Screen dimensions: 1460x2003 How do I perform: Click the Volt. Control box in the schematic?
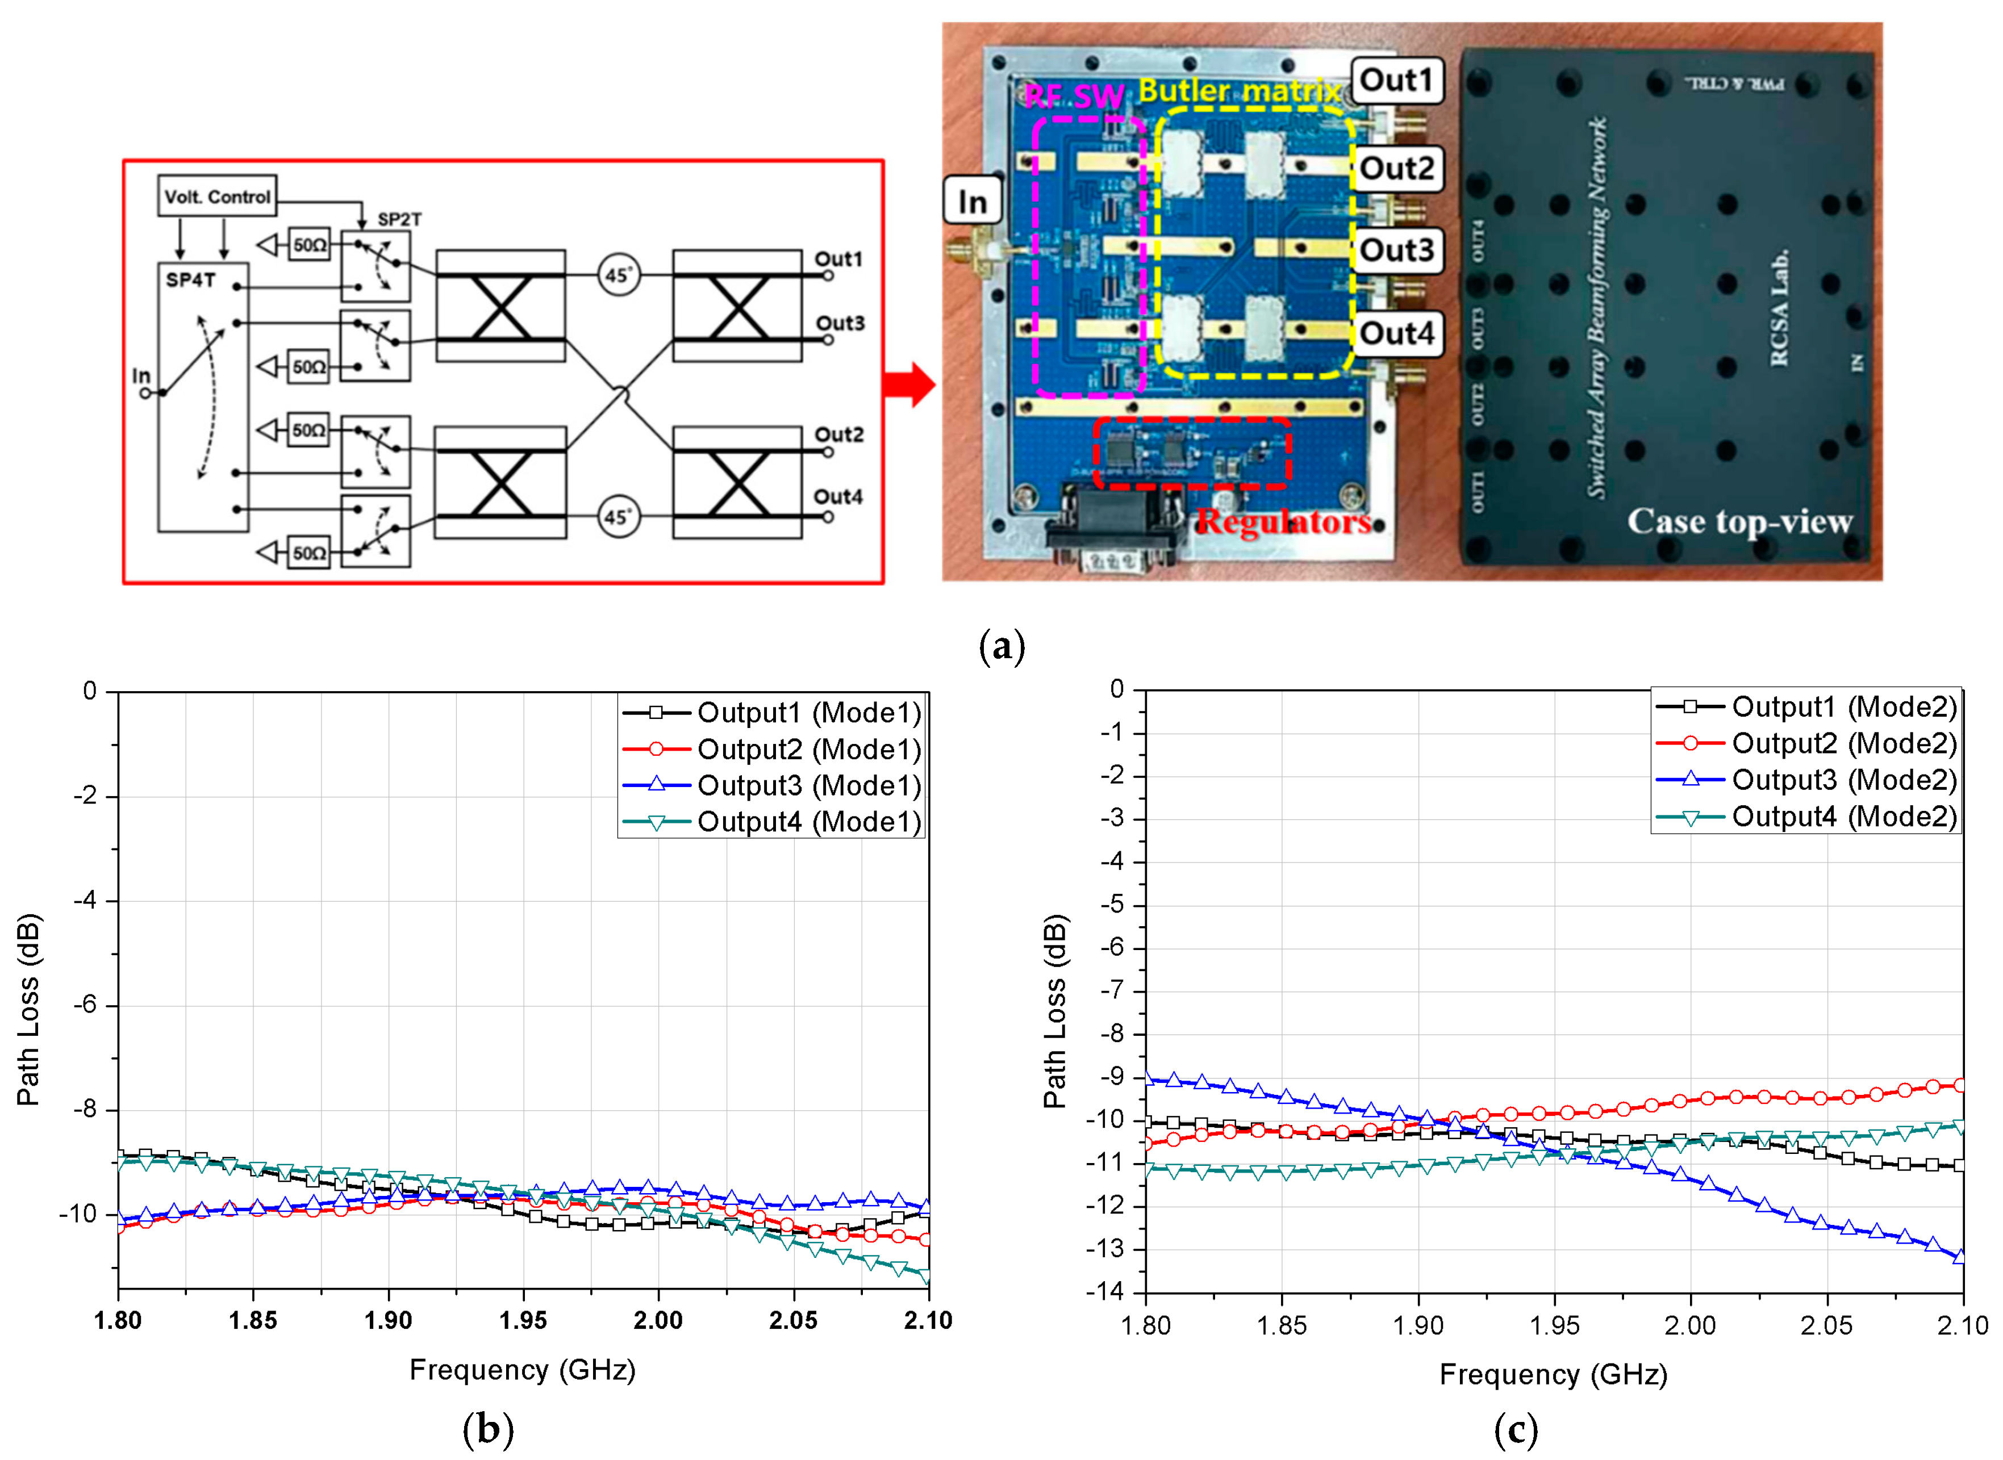[216, 195]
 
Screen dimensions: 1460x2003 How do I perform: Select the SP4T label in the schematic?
[190, 280]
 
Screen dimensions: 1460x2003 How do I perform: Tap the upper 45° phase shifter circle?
[618, 275]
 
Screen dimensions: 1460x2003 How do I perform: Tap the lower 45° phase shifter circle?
[618, 517]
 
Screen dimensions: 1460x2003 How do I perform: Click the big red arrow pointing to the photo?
[909, 384]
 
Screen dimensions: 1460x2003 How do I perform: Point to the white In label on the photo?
[973, 202]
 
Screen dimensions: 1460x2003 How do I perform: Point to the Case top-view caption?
[1739, 521]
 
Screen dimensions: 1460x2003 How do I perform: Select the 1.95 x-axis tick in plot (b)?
[523, 1320]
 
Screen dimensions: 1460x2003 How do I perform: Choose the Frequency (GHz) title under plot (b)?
[523, 1370]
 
